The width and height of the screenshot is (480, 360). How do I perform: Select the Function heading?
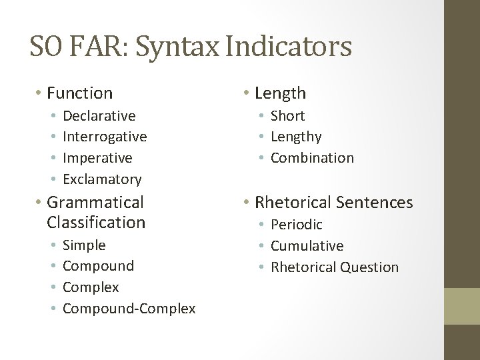click(x=79, y=93)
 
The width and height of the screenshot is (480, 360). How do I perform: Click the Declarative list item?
click(x=99, y=115)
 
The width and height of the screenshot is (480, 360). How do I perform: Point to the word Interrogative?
click(x=105, y=137)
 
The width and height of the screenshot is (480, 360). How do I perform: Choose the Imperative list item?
click(x=97, y=158)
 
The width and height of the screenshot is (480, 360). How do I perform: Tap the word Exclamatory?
click(x=102, y=179)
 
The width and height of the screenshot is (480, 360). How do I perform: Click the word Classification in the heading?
click(x=96, y=221)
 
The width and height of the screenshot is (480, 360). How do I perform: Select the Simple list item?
click(x=84, y=245)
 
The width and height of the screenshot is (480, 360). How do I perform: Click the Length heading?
click(x=280, y=93)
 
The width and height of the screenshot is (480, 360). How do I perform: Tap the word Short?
click(x=287, y=115)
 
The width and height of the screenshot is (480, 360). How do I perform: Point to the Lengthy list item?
click(x=295, y=137)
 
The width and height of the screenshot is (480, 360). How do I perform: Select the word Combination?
click(x=312, y=158)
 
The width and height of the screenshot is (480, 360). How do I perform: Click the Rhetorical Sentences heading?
click(x=334, y=201)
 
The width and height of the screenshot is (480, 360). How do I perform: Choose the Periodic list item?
click(x=296, y=225)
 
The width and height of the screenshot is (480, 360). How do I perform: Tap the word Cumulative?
click(x=307, y=246)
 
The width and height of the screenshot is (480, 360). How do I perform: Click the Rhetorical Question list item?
click(x=334, y=267)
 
